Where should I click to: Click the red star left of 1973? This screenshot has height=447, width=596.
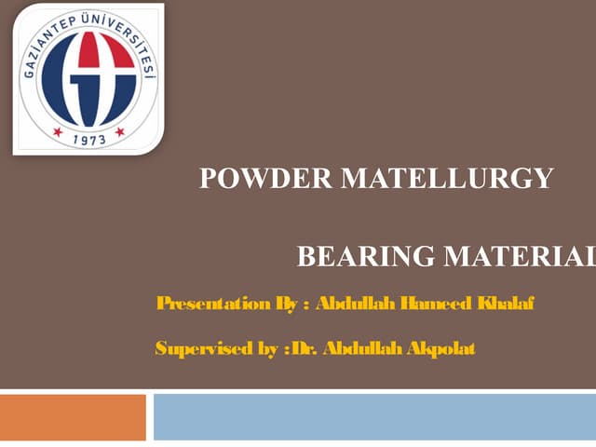pyautogui.click(x=58, y=131)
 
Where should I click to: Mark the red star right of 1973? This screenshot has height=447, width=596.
pyautogui.click(x=120, y=131)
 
